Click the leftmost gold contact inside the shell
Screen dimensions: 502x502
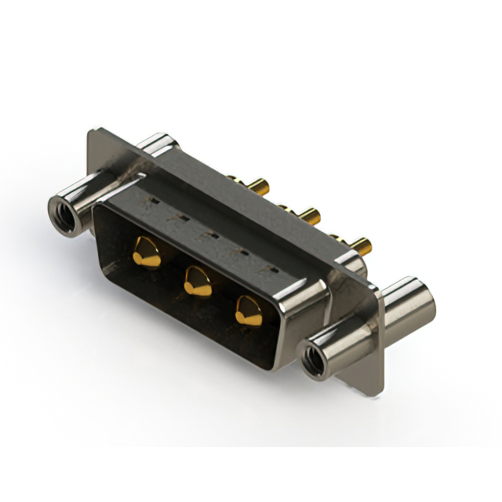pos(147,253)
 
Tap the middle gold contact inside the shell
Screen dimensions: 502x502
pos(198,281)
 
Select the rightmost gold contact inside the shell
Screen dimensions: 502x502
pos(249,311)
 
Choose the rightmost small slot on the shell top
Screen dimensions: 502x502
pos(273,269)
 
